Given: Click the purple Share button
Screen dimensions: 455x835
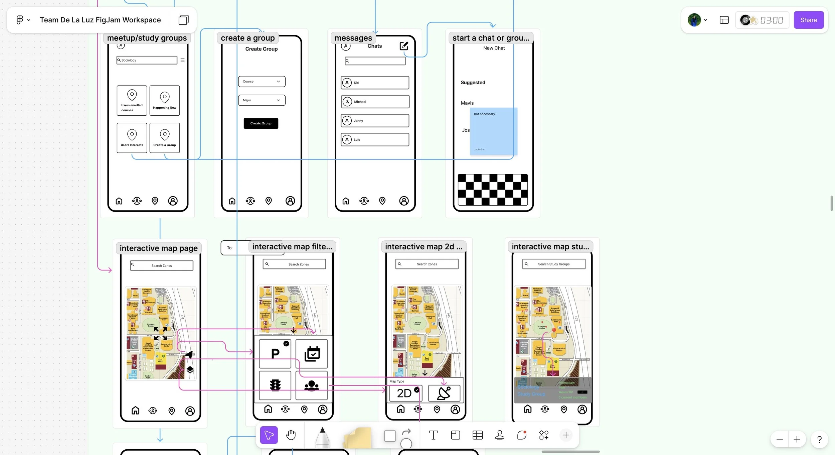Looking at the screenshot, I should tap(808, 20).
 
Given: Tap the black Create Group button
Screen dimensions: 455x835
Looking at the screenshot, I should tap(261, 123).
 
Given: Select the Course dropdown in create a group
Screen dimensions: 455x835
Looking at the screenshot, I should tap(262, 82).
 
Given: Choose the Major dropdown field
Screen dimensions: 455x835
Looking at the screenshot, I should tap(262, 100).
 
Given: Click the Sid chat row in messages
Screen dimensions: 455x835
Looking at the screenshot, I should tap(375, 83).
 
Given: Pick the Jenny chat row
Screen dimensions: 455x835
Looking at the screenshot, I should tap(375, 121).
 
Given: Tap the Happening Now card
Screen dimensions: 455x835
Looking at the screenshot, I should tap(165, 101).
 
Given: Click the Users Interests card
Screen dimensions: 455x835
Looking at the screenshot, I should tap(132, 138).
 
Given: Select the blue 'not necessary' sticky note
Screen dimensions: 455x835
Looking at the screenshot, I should tap(494, 131).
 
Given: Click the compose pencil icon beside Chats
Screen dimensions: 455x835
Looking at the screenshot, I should tap(404, 46).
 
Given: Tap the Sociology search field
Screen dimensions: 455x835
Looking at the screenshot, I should tap(147, 60).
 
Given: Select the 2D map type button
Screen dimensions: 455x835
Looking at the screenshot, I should tap(405, 393).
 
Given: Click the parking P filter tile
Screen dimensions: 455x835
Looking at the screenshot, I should tap(275, 353).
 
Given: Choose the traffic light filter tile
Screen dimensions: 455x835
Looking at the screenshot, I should tap(275, 385).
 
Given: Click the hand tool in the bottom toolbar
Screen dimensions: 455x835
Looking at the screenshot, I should tap(291, 435).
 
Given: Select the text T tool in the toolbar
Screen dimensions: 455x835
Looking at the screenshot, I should tap(433, 435).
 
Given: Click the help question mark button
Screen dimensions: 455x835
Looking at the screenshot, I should tap(819, 439).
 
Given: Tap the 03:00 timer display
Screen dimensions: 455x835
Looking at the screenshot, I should tap(771, 20).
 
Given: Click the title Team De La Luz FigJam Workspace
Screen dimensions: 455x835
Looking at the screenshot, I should tap(100, 20).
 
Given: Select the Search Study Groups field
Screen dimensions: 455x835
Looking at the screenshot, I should tap(554, 264).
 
